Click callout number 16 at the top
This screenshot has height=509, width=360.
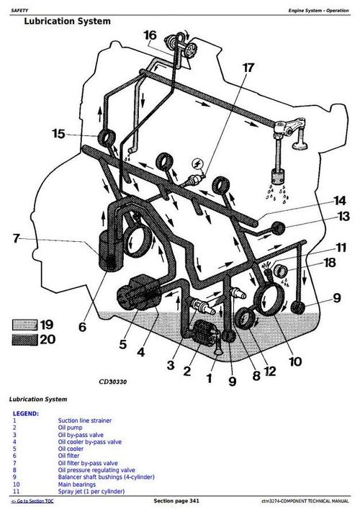tap(150, 35)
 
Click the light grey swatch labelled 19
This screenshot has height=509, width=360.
tap(26, 325)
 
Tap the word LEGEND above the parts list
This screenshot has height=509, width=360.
tap(27, 414)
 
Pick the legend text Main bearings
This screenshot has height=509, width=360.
tap(79, 484)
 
